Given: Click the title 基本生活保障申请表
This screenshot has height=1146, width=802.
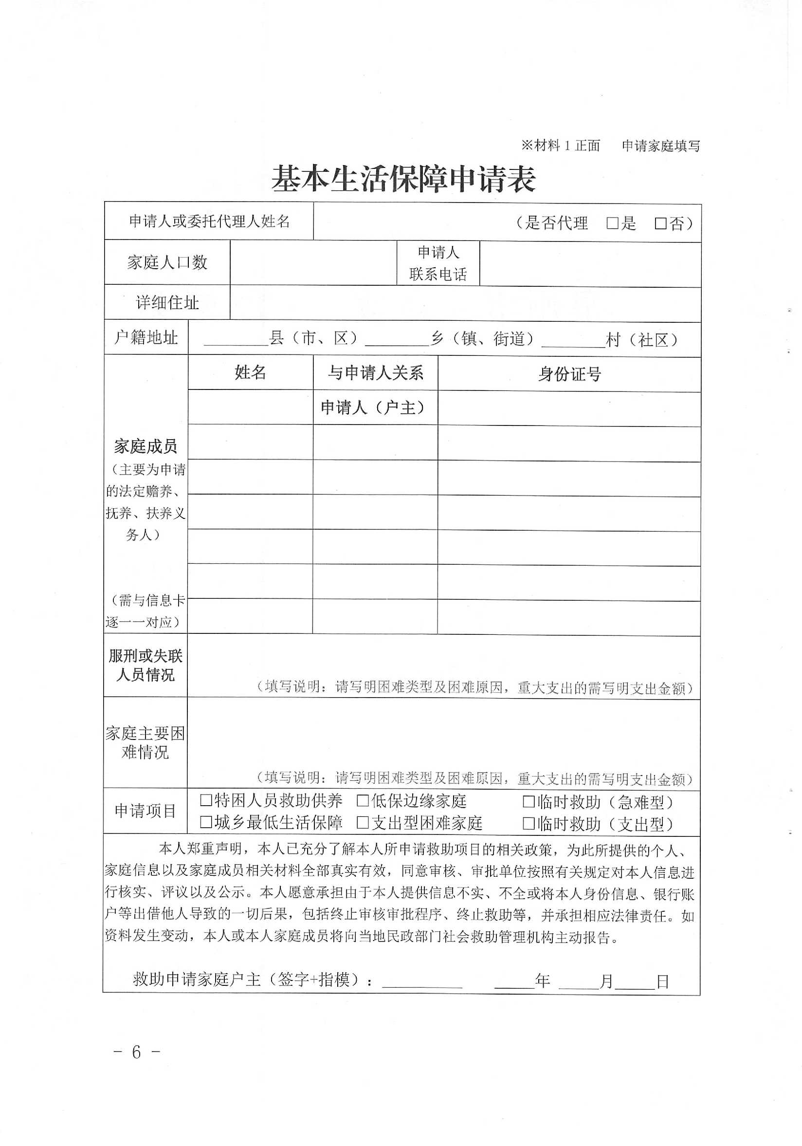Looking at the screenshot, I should (403, 179).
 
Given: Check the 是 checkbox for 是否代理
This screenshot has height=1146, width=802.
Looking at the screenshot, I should (612, 223).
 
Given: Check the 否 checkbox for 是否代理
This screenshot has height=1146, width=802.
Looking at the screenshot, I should (660, 223).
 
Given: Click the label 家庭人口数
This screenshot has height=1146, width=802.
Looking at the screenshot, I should (167, 262).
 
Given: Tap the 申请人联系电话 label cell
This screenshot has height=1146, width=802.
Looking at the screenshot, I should (437, 263).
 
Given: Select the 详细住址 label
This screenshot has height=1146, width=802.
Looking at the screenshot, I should (167, 302).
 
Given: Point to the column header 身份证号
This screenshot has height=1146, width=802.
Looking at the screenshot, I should (569, 374).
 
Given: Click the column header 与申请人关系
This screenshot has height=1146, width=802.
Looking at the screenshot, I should (375, 373).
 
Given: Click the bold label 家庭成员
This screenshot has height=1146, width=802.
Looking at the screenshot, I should (145, 446).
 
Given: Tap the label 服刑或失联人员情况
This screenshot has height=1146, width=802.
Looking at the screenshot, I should (145, 665).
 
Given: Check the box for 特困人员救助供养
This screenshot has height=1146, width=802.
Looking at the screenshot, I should (206, 801).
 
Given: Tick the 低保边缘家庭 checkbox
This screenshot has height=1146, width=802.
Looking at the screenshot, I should (363, 801).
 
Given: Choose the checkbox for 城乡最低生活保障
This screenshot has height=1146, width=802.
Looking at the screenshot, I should (206, 822).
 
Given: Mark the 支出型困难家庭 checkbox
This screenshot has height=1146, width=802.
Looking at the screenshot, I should (363, 823).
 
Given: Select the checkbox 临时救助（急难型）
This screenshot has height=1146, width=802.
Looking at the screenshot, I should (529, 802).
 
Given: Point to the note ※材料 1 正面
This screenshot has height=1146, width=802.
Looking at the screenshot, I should (560, 146).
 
